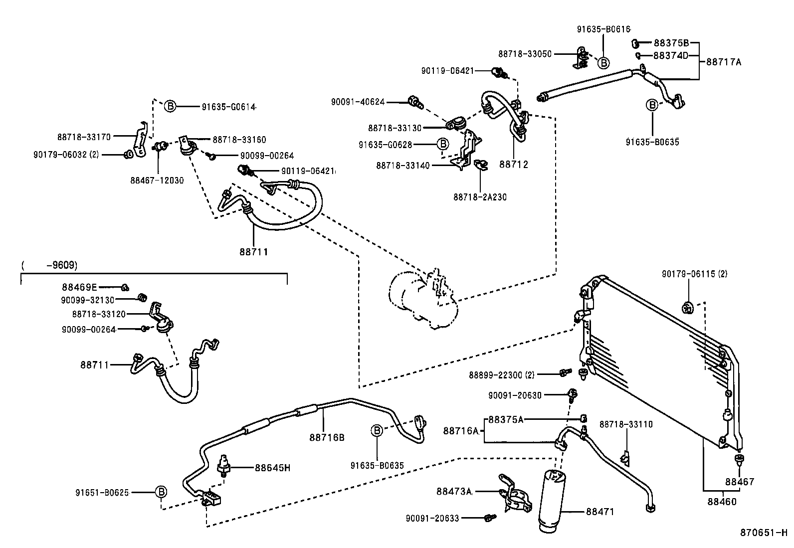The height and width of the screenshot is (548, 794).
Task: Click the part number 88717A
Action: [x=724, y=62]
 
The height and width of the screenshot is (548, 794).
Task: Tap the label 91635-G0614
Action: [x=228, y=107]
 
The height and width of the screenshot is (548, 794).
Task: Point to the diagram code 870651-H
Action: [x=763, y=533]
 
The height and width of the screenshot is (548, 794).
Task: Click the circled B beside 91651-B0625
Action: [x=161, y=492]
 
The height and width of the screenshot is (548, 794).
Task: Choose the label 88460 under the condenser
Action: [x=722, y=502]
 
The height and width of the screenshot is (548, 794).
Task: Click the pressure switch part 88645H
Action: [x=223, y=465]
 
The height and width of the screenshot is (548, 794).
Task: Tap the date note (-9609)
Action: [x=49, y=265]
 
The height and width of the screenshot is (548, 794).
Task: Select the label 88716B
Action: [x=327, y=437]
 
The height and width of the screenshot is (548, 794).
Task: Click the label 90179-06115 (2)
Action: [x=694, y=274]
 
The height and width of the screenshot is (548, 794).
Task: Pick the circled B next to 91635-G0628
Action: [x=443, y=144]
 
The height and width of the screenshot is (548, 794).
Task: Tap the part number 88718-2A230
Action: [x=480, y=197]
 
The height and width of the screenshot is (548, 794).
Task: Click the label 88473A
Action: [x=454, y=491]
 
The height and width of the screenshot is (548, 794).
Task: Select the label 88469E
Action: [x=79, y=287]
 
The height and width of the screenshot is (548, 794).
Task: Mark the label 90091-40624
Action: [x=358, y=102]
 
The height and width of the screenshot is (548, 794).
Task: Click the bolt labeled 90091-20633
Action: [x=490, y=518]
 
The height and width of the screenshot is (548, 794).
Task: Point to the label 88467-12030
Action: [x=157, y=181]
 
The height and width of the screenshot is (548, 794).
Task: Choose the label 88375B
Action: [x=671, y=43]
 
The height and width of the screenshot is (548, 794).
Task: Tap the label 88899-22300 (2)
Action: [x=502, y=375]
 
